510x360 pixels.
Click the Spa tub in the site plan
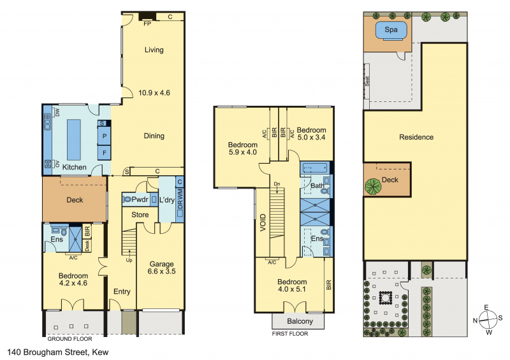(x=391, y=31)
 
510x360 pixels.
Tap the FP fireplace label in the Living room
(x=147, y=24)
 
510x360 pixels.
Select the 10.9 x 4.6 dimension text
(x=154, y=92)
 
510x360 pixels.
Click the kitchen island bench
(x=74, y=140)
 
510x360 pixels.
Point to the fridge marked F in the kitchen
(x=105, y=152)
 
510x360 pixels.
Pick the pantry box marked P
(x=105, y=136)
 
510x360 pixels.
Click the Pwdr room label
(x=140, y=199)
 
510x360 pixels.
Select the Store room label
(x=140, y=215)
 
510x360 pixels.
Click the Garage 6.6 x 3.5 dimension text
(x=162, y=271)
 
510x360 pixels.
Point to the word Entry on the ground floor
(x=122, y=292)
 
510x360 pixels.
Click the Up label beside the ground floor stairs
(x=129, y=260)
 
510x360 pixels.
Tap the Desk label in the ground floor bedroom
(x=87, y=245)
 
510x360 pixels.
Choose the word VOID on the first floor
(x=263, y=222)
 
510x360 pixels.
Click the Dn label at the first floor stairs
(x=277, y=184)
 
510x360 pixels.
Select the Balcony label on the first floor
(x=300, y=321)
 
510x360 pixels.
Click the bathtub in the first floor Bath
(x=316, y=168)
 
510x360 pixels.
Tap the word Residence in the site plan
(x=416, y=137)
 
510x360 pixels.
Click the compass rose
(x=488, y=320)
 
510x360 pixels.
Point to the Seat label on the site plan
(x=367, y=81)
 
